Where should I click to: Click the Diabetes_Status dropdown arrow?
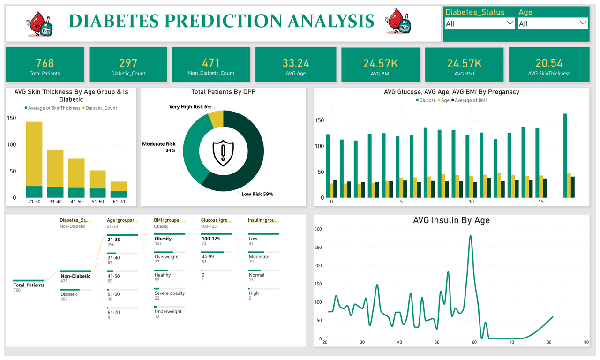pos(510,23)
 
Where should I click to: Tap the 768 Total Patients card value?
pos(45,63)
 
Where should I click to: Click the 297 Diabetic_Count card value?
pos(128,63)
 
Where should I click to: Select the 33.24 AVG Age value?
pos(295,63)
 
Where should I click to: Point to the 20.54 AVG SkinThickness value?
pos(549,63)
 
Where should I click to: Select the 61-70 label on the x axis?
pos(119,202)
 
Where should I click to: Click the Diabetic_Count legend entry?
pos(101,108)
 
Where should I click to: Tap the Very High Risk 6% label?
pos(190,107)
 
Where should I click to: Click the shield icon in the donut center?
pos(223,151)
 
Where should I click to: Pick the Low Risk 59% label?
pos(257,194)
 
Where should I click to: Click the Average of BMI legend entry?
pos(470,100)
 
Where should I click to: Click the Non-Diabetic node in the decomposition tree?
pos(75,276)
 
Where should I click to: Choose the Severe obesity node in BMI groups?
pos(170,293)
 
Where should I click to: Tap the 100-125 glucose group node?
pos(210,239)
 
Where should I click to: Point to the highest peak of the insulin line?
pos(470,236)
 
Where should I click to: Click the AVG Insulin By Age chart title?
pos(451,220)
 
